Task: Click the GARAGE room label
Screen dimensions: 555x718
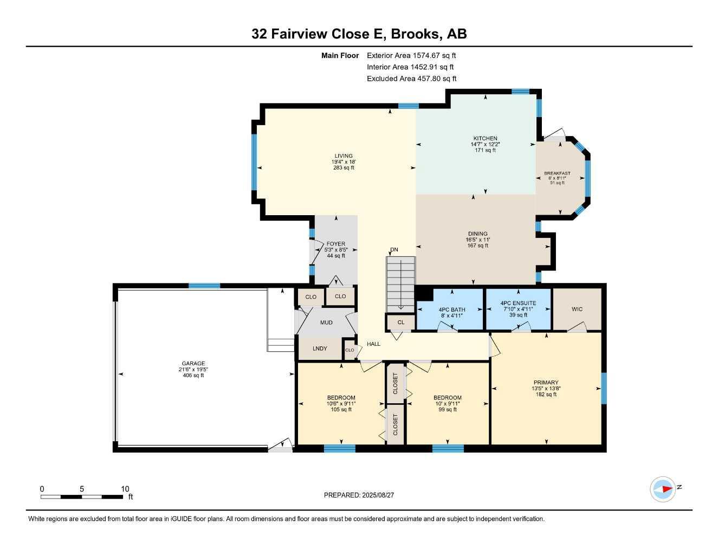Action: pyautogui.click(x=193, y=364)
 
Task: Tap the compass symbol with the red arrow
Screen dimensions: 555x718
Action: pyautogui.click(x=662, y=489)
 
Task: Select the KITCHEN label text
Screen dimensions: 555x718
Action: pyautogui.click(x=484, y=139)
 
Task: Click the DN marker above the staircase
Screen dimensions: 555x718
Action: pyautogui.click(x=394, y=250)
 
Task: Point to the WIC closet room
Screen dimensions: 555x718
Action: pyautogui.click(x=577, y=309)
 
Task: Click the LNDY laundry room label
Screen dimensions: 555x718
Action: pyautogui.click(x=320, y=349)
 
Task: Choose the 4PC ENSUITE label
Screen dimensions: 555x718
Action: pyautogui.click(x=518, y=304)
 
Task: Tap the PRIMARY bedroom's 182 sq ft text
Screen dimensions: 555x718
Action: pyautogui.click(x=546, y=395)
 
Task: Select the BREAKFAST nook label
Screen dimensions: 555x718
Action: pyautogui.click(x=557, y=174)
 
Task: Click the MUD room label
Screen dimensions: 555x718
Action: pyautogui.click(x=326, y=322)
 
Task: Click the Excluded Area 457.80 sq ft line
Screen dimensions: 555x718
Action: pyautogui.click(x=411, y=79)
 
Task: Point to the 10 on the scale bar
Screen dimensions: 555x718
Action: pyautogui.click(x=125, y=489)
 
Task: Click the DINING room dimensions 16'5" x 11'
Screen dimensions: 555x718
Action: pyautogui.click(x=478, y=240)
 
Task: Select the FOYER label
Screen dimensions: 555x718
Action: pyautogui.click(x=336, y=244)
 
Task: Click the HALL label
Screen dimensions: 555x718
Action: pyautogui.click(x=373, y=344)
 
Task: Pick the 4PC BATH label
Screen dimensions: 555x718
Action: pyautogui.click(x=451, y=310)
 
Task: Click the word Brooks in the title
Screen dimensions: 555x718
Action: pyautogui.click(x=415, y=34)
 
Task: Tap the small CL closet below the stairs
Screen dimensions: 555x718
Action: pyautogui.click(x=401, y=322)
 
